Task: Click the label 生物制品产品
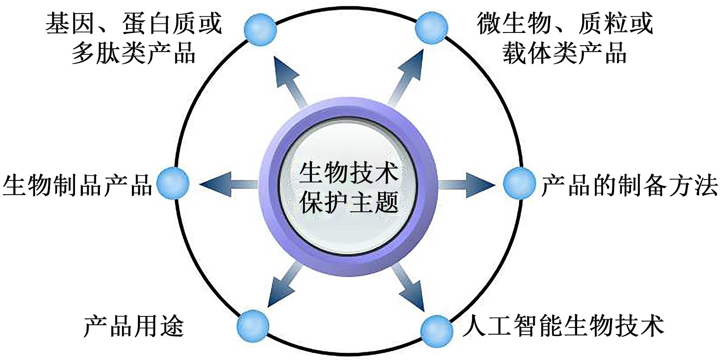click(78, 185)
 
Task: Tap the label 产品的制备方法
click(629, 185)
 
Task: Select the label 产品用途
click(134, 326)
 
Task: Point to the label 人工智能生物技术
click(563, 326)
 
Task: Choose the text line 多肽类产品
click(134, 53)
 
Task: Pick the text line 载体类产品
click(564, 53)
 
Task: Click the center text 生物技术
click(348, 172)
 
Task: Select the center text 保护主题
click(348, 202)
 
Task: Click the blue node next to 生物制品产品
click(173, 183)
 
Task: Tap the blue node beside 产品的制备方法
click(519, 183)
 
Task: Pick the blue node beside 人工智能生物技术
click(436, 331)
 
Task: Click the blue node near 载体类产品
click(431, 28)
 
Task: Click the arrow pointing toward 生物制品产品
click(226, 184)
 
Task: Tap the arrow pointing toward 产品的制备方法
click(468, 184)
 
